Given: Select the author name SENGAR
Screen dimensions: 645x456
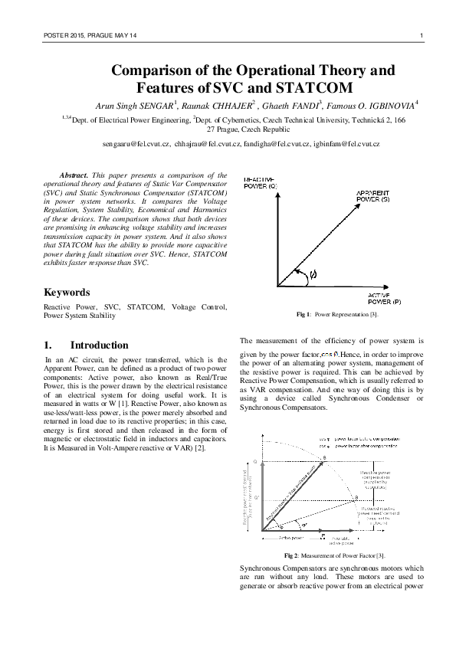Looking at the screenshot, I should click(x=155, y=105).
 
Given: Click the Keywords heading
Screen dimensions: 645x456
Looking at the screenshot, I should click(x=67, y=292).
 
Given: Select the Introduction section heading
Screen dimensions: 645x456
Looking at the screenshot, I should click(x=99, y=345).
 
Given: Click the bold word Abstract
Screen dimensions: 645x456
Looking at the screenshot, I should click(x=75, y=176).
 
